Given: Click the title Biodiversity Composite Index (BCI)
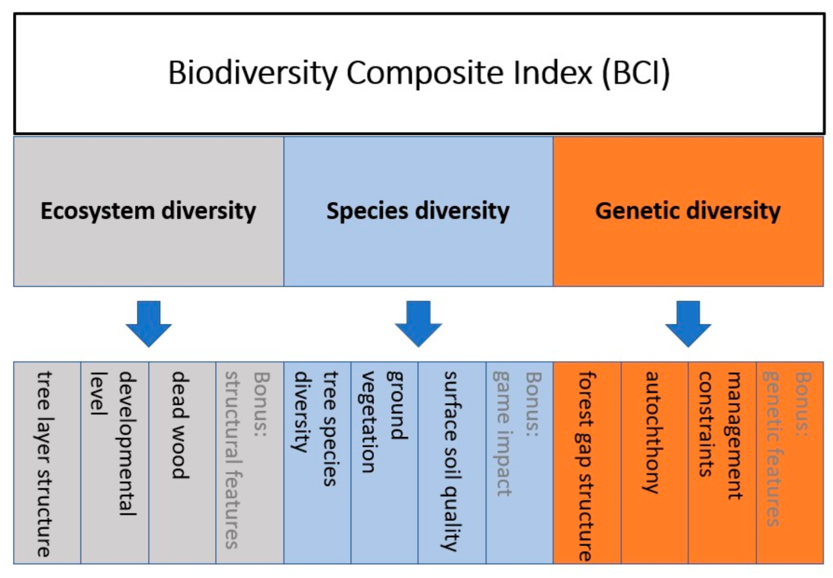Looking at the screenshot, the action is point(419,73).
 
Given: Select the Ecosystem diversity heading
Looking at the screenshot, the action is point(149,211).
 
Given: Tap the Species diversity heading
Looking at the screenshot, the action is point(418,211).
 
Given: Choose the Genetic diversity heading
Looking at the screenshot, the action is point(688,211).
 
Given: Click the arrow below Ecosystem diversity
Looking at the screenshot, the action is point(149,324).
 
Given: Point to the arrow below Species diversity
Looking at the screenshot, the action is point(418,324).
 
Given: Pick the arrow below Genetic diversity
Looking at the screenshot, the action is point(688,324).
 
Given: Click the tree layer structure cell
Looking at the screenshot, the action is point(47,463).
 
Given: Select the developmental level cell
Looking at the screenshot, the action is point(115,463).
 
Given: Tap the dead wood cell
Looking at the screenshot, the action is point(182,463).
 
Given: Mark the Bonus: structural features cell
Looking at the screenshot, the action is point(250,463).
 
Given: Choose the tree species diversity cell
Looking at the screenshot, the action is point(317,463).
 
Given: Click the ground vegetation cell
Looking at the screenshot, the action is point(384,463).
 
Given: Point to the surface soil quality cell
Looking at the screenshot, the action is point(452,463).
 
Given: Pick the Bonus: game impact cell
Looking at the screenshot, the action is point(519,463).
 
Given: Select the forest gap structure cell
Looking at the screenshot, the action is point(587,463).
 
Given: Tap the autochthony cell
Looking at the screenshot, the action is point(654,463).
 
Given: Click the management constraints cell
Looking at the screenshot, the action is point(722,463).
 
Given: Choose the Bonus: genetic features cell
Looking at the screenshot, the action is point(790,463).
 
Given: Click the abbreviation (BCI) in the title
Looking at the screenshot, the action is point(636,74).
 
